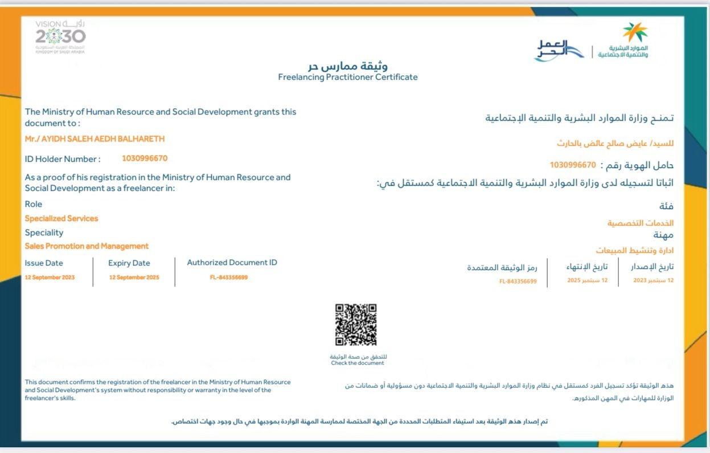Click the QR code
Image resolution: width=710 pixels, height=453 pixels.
[x=356, y=325]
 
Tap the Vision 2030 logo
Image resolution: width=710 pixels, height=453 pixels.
[x=60, y=36]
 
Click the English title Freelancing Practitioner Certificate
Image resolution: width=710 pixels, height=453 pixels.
[x=347, y=77]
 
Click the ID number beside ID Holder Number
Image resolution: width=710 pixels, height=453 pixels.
[x=145, y=158]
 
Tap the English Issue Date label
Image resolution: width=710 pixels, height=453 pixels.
[x=44, y=263]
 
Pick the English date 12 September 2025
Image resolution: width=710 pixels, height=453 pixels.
[x=134, y=277]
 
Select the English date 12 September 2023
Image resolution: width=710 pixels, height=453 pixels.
[x=50, y=277]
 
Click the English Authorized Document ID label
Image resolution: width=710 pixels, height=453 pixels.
[x=232, y=263]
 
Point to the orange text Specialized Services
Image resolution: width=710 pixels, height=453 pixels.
[x=61, y=218]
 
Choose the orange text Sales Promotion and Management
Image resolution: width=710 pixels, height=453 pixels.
[x=87, y=246]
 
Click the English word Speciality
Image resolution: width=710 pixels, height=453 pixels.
[x=44, y=232]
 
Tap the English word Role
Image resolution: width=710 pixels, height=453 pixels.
[x=34, y=204]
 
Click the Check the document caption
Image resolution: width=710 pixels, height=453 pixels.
[x=358, y=363]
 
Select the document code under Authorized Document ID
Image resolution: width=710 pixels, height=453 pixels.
[x=229, y=277]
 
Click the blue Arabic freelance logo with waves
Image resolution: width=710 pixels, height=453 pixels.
[x=559, y=51]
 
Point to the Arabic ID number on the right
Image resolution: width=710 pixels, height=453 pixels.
[x=573, y=165]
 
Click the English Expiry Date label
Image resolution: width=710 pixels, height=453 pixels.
[x=129, y=263]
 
